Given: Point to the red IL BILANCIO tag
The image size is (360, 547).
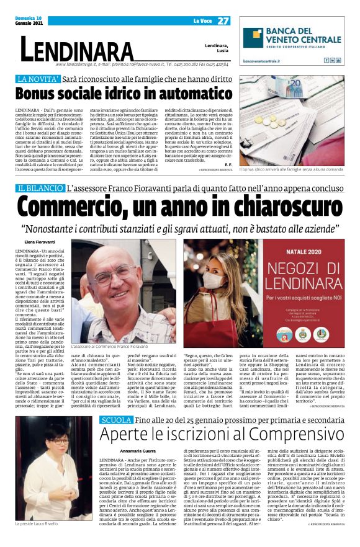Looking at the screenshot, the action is point(40,188).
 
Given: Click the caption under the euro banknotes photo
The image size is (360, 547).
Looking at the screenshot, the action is point(292,168).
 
